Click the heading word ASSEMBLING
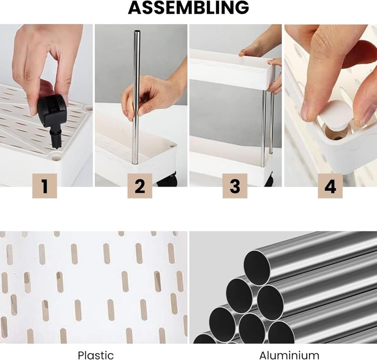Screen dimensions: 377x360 (x=188, y=8)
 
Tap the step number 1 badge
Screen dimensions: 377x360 (x=45, y=186)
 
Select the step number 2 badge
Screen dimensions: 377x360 (x=139, y=186)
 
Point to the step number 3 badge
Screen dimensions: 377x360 (x=235, y=186)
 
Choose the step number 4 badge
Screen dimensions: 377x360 (x=330, y=186)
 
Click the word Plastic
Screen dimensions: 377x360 (x=96, y=355)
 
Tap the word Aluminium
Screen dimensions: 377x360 (x=289, y=355)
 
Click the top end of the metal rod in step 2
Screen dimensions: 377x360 (x=137, y=31)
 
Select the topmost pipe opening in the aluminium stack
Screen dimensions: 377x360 (x=257, y=268)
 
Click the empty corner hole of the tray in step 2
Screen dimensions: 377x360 (x=172, y=146)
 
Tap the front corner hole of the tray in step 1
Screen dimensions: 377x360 (x=57, y=158)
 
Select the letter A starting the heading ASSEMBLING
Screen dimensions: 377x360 (x=135, y=8)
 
